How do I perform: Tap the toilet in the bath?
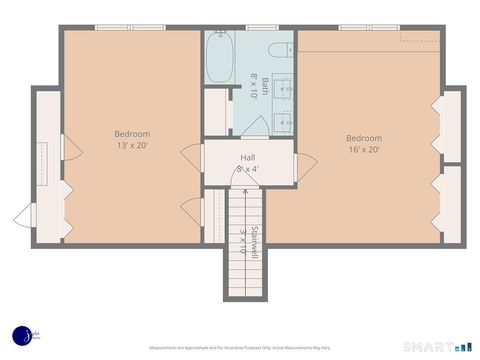click(x=276, y=51)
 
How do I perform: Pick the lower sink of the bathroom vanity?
click(x=282, y=123)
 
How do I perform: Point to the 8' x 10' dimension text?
click(x=254, y=88)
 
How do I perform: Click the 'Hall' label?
click(x=248, y=157)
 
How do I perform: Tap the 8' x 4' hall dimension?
click(x=248, y=169)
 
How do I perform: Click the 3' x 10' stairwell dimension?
click(x=243, y=242)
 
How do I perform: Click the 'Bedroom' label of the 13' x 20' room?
click(x=132, y=134)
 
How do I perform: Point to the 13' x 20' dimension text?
click(x=132, y=146)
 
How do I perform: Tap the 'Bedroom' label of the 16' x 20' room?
click(x=364, y=138)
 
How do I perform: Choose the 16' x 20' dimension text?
click(x=364, y=150)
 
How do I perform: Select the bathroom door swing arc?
click(x=255, y=125)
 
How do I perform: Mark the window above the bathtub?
click(x=219, y=27)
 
